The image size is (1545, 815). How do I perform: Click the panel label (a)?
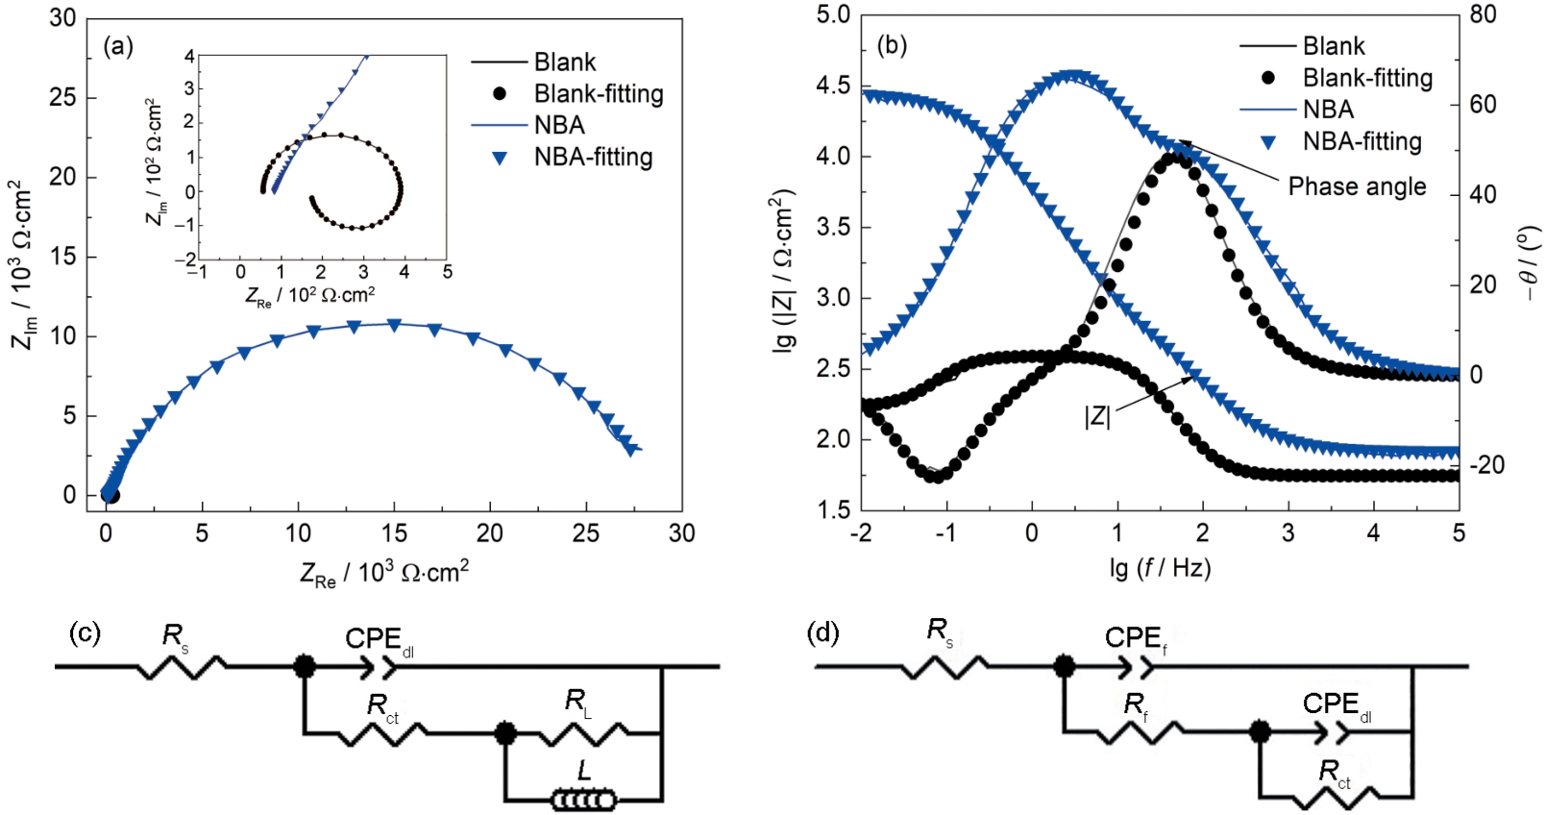(x=118, y=47)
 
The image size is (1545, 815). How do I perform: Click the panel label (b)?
(x=892, y=45)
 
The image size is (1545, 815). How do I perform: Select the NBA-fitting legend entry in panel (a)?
(x=593, y=158)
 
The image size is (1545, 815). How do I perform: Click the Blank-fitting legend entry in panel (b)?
(x=1366, y=78)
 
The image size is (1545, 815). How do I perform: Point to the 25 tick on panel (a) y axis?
(x=62, y=98)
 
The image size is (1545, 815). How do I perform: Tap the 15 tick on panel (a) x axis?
(x=394, y=533)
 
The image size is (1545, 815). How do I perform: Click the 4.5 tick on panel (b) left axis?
(x=833, y=86)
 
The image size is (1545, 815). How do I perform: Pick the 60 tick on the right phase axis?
(x=1483, y=104)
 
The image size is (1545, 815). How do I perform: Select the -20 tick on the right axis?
(x=1484, y=465)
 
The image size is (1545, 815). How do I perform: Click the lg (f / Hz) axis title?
(x=1160, y=568)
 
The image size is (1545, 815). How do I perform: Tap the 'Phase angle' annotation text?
(x=1357, y=186)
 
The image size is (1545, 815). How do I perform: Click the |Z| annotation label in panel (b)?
(x=1097, y=417)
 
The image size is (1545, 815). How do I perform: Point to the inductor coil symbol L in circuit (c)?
(x=583, y=799)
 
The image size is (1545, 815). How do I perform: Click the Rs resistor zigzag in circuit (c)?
(x=182, y=666)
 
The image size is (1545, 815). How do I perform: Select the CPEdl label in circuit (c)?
(x=379, y=641)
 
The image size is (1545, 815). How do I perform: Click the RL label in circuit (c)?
(x=577, y=703)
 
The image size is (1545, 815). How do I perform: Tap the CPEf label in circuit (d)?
(x=1136, y=639)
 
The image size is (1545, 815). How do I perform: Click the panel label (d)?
(x=824, y=633)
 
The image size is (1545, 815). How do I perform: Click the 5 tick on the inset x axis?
(x=448, y=272)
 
